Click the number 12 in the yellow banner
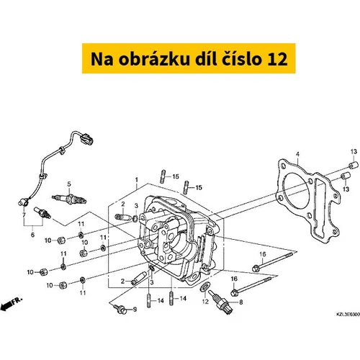point(277,59)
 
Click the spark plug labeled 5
point(69,199)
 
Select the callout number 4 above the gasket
point(297,154)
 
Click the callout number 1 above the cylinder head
point(137,179)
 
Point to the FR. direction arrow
point(11,304)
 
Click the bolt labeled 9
point(120,308)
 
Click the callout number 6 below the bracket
point(32,235)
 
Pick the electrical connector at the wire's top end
point(86,138)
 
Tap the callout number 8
point(241,302)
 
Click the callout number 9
point(135,310)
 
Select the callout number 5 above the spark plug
point(69,184)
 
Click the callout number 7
point(24,215)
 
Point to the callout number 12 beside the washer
point(205,301)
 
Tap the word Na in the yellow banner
point(102,59)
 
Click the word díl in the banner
point(205,58)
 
